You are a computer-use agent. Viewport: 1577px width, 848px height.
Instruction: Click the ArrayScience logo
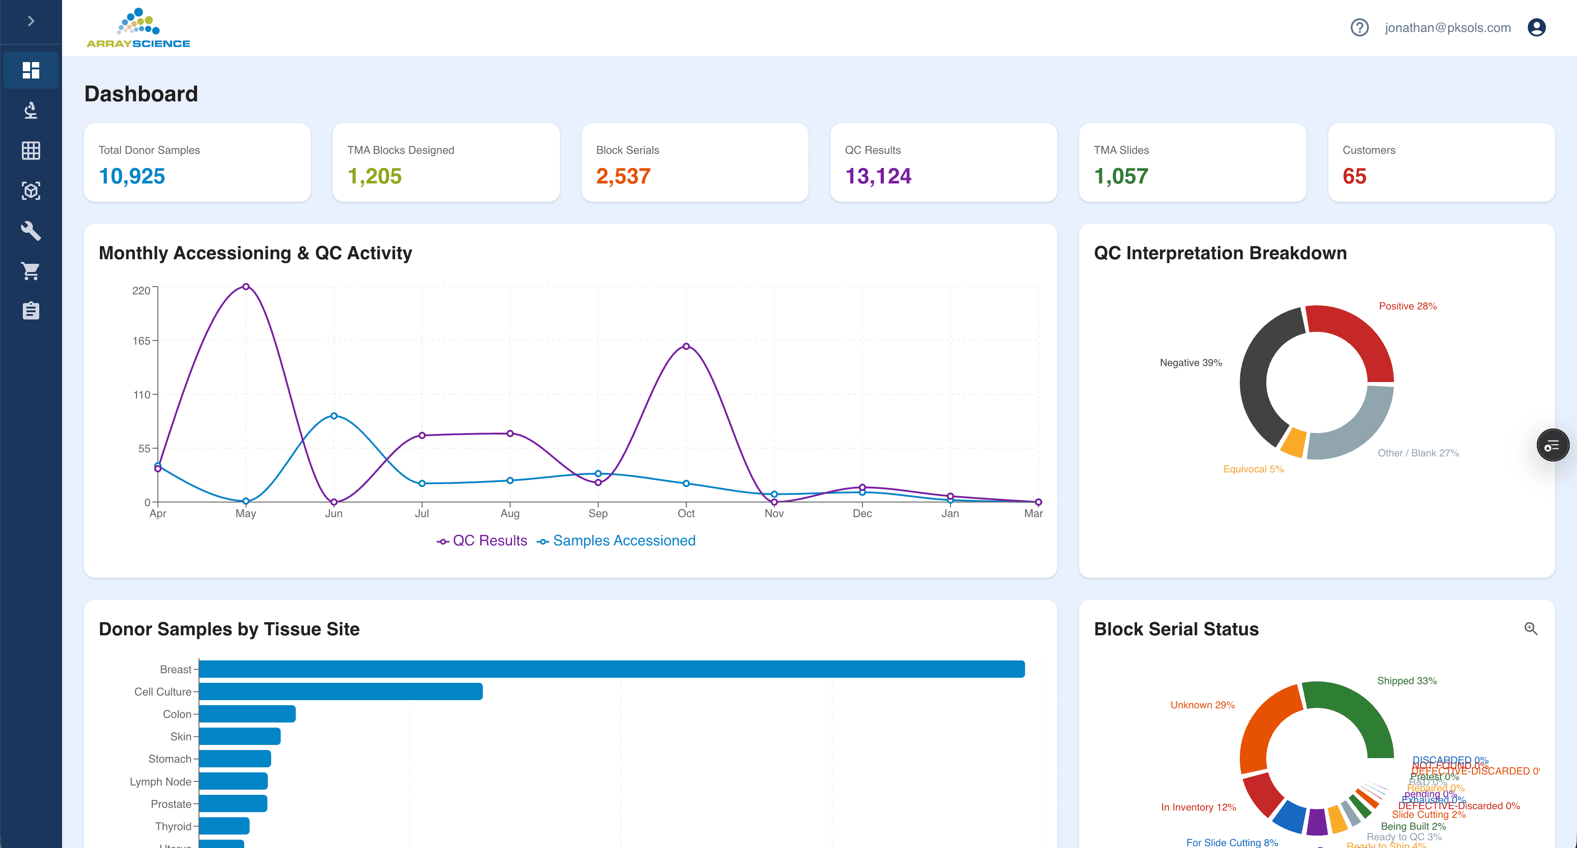pos(138,28)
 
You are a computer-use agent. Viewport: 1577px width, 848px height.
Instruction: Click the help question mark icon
pos(1359,27)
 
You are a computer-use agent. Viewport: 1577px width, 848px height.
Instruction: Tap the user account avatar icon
pos(1536,27)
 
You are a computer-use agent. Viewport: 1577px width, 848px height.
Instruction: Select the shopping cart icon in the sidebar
pos(31,271)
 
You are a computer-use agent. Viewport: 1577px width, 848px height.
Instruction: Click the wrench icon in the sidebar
pos(31,231)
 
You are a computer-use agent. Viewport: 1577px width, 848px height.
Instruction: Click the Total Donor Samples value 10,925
pos(131,176)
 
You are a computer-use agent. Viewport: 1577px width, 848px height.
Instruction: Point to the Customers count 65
pos(1354,176)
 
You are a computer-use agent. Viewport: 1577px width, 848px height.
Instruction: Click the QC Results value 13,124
pos(878,176)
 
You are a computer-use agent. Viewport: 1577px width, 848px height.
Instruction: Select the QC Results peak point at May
pos(245,287)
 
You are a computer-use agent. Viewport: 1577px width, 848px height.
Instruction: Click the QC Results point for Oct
pos(686,346)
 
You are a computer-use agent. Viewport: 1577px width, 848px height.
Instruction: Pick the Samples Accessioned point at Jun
pos(334,416)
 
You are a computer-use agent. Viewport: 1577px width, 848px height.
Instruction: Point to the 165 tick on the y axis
pos(141,341)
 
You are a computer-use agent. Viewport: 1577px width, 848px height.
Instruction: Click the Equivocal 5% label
pos(1253,469)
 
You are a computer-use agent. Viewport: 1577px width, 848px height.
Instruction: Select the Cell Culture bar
pos(340,692)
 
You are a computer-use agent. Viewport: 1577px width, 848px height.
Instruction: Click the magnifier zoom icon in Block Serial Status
pos(1530,629)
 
